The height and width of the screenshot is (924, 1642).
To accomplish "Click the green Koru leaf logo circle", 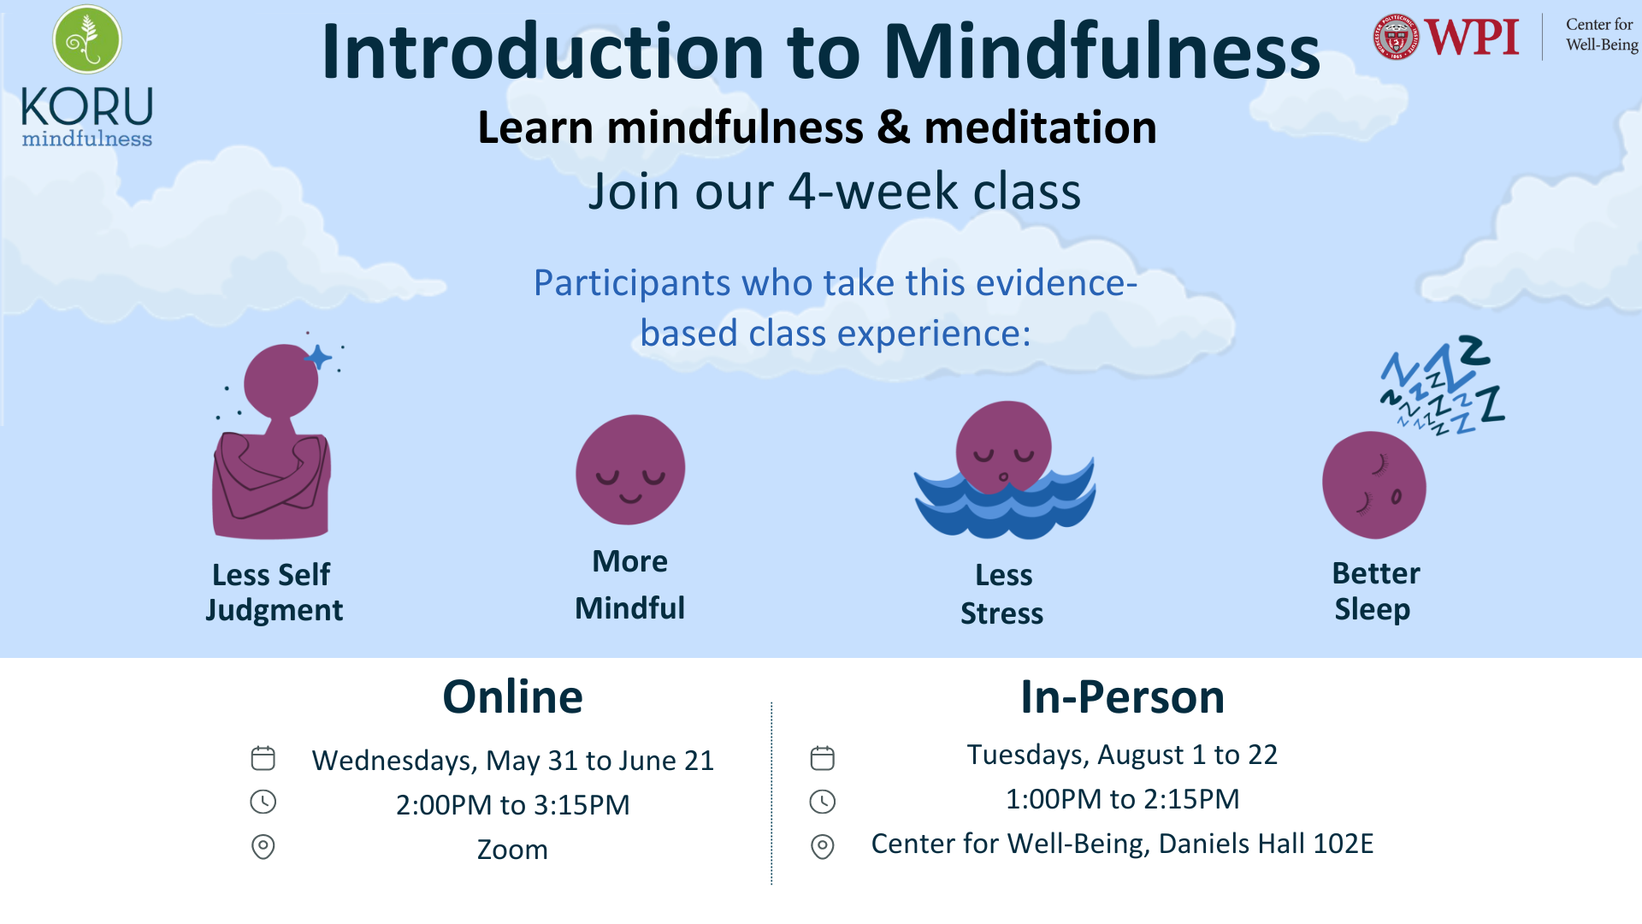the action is [x=87, y=39].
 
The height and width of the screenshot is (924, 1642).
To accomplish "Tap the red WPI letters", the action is [x=1472, y=38].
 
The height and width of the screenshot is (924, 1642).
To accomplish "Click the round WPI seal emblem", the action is [x=1396, y=38].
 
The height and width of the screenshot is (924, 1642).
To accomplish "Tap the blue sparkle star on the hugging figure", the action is [x=318, y=357].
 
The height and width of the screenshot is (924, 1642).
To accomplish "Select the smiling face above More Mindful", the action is [x=630, y=470].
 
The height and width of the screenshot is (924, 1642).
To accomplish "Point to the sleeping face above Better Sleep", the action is [x=1374, y=485].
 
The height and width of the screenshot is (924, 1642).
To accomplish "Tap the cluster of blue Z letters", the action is [x=1444, y=385].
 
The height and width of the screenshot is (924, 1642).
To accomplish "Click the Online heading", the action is [x=512, y=696].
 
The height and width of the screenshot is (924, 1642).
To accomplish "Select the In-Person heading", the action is [x=1122, y=696].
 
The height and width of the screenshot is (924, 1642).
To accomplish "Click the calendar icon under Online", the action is [x=263, y=758].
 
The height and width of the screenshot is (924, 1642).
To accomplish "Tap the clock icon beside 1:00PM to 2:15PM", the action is [x=823, y=802].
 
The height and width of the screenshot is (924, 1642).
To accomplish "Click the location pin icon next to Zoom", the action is [x=263, y=847].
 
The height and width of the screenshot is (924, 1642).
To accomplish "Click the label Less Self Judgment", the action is [x=274, y=592].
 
